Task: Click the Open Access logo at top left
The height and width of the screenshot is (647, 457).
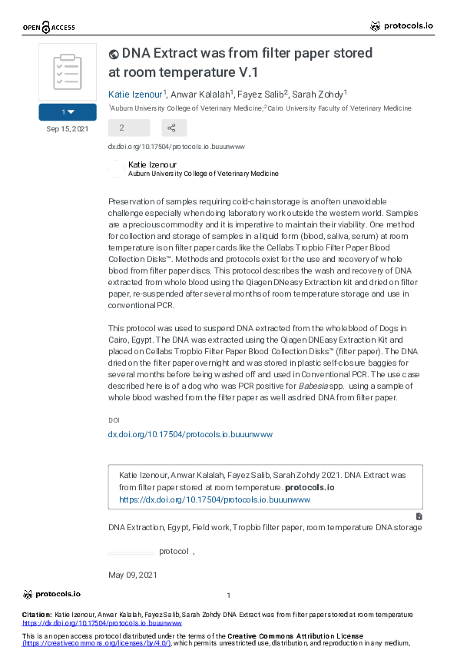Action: pos(49,28)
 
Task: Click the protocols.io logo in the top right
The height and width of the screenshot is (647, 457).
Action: pos(402,26)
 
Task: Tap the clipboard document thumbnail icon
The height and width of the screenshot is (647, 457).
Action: pos(68,72)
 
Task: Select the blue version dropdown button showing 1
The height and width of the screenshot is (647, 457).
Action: pos(68,112)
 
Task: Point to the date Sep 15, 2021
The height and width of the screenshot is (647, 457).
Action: pos(68,129)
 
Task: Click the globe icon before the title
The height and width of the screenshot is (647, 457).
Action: pos(114,55)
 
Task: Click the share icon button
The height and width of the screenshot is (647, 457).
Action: pos(174,128)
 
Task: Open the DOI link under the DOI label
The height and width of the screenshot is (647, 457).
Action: pos(190,435)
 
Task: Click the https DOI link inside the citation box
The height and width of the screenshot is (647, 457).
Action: pos(214,499)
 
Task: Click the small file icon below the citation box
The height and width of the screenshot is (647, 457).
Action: pos(419,516)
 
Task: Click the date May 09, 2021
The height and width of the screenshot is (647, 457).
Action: pos(133,575)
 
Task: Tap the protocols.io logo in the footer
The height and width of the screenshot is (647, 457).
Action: pos(52,594)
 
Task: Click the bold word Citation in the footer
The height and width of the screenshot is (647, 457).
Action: pos(36,615)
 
